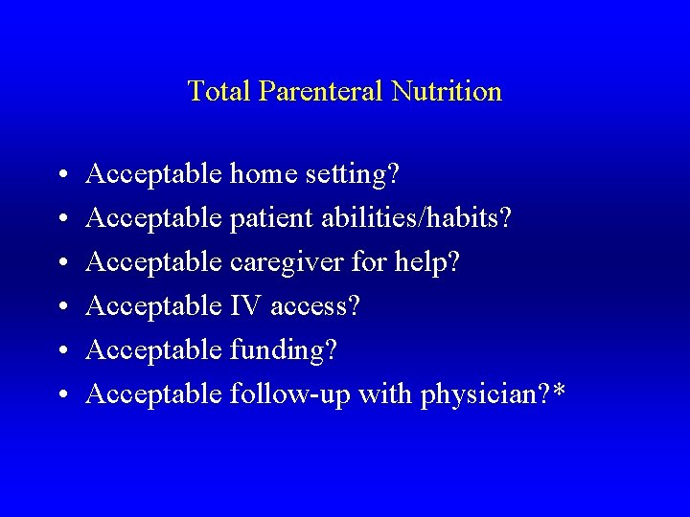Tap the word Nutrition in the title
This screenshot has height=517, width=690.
pos(447,91)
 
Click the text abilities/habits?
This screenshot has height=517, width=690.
pos(409,218)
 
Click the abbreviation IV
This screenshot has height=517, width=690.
pos(246,305)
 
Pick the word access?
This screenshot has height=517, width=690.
pos(315,306)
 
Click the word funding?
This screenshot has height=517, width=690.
pos(284,350)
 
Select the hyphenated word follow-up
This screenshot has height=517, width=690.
pos(291,394)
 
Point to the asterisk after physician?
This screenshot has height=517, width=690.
pos(559,389)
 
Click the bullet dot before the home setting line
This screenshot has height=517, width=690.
pos(61,176)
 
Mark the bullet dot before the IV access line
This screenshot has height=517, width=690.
pos(61,307)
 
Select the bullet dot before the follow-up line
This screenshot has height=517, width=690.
pos(61,395)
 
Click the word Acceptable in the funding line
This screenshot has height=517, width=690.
pos(154,350)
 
